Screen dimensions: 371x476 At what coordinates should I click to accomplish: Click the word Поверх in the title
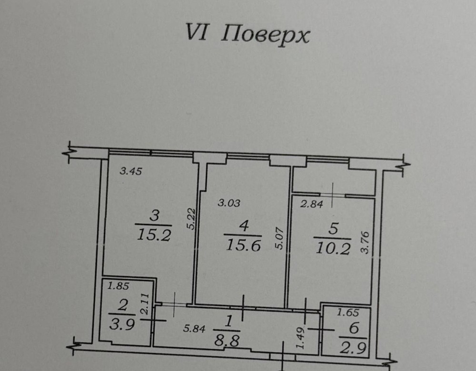(267, 36)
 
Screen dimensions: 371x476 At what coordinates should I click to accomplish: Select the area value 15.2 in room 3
(153, 235)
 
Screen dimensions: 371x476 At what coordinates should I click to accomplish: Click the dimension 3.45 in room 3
(130, 172)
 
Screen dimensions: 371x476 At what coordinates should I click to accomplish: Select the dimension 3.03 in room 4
(229, 203)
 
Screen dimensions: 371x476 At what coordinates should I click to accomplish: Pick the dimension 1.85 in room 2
(119, 287)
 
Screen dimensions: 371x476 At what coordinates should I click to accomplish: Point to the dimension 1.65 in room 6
(347, 313)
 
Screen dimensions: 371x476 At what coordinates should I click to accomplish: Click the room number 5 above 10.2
(333, 229)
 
